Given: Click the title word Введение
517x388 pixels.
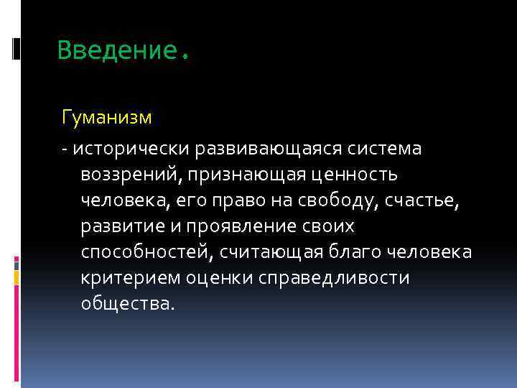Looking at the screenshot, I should click(116, 50).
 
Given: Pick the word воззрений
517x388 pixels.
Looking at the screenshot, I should click(125, 175).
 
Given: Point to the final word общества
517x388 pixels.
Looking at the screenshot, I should click(127, 304).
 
